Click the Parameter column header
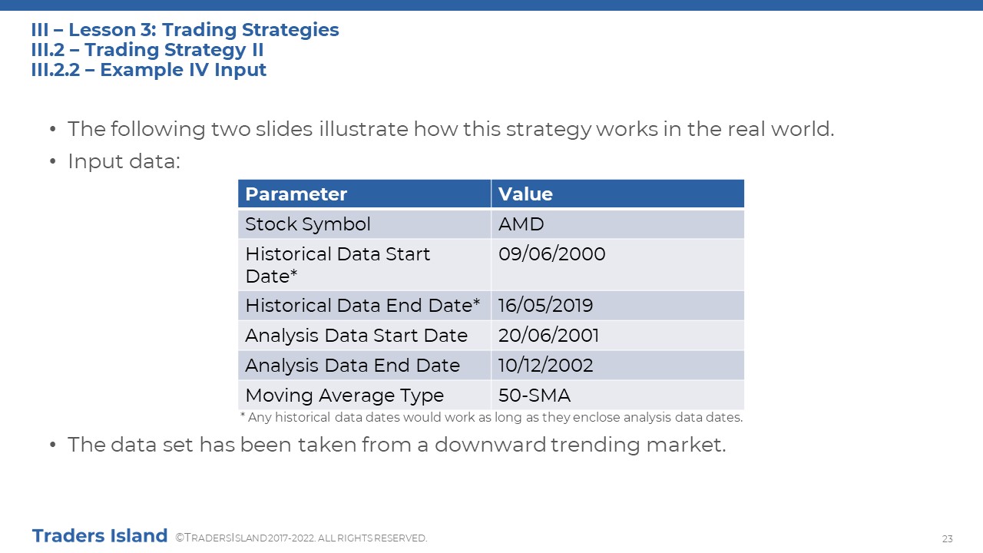(x=296, y=194)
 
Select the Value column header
(x=525, y=194)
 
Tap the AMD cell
(x=521, y=224)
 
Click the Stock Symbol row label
(x=308, y=224)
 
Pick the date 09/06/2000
(x=551, y=254)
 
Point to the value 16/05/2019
(x=545, y=306)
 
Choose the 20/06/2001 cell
(x=548, y=336)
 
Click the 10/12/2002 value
(x=545, y=366)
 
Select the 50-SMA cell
(x=534, y=396)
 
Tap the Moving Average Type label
(x=345, y=396)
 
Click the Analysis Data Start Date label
(x=356, y=336)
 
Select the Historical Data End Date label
(x=362, y=306)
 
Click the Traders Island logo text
(x=100, y=536)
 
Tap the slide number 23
(x=947, y=538)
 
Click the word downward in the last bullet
(x=490, y=445)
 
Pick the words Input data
(x=124, y=161)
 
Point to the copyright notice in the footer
(x=301, y=538)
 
